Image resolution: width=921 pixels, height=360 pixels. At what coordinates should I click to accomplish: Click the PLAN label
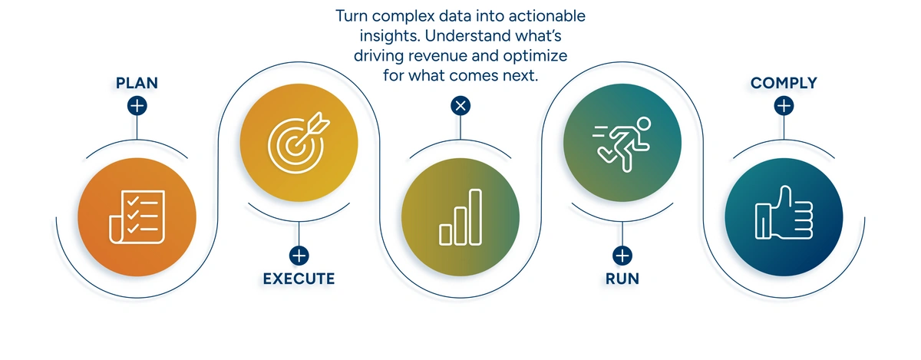[x=137, y=82]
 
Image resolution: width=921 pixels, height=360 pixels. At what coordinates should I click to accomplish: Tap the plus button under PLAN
[x=137, y=106]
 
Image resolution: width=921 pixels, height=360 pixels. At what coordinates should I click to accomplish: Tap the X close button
[x=460, y=106]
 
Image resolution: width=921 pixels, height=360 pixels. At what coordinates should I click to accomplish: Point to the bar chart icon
[x=460, y=217]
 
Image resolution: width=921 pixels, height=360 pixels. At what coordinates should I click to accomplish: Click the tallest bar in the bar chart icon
[x=475, y=216]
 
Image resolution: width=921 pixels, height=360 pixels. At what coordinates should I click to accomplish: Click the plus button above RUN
[x=622, y=255]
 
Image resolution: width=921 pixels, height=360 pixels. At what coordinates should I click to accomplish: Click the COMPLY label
[x=784, y=82]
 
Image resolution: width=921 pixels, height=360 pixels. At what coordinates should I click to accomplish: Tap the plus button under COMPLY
[x=784, y=106]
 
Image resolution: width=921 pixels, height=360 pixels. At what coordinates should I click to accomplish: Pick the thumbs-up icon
[x=784, y=213]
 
